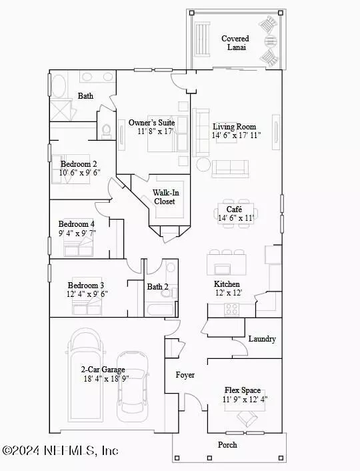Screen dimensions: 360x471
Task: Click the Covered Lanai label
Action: tap(235, 43)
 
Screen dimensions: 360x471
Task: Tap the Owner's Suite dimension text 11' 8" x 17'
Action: tap(156, 131)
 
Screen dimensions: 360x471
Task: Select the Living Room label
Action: tap(235, 127)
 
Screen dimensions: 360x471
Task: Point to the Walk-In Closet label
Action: tap(165, 197)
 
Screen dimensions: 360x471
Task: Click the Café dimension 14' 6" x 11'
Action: tap(236, 217)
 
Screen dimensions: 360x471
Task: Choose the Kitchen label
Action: tap(227, 284)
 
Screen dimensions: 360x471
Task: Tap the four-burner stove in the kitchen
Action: tap(232, 310)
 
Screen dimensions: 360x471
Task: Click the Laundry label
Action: tap(262, 339)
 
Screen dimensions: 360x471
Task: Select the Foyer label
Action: tap(185, 375)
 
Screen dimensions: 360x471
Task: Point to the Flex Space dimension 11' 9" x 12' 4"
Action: tap(245, 400)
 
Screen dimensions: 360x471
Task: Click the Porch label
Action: tap(227, 444)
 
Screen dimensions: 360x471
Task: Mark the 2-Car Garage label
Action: tap(103, 369)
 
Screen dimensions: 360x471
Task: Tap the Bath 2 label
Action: tap(157, 287)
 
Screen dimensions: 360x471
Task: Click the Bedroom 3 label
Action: tap(86, 285)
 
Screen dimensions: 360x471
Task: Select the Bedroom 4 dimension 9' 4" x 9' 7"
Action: tap(77, 233)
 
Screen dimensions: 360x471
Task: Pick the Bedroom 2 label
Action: tap(79, 164)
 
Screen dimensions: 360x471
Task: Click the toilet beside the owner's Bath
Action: tap(106, 131)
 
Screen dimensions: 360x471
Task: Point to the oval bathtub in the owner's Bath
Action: tap(59, 85)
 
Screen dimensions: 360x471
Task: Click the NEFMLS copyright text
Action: tap(60, 450)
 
